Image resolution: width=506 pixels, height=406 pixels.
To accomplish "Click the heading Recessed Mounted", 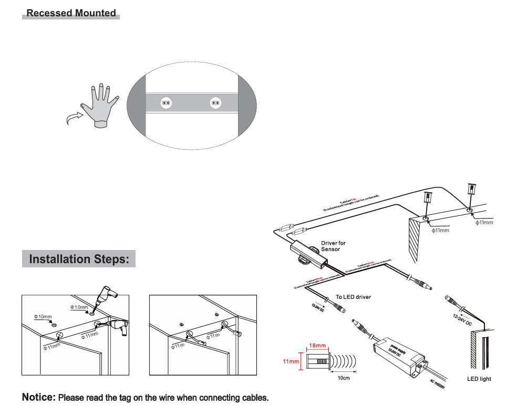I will [x=71, y=13].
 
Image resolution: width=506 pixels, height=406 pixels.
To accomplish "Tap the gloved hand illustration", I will [x=100, y=105].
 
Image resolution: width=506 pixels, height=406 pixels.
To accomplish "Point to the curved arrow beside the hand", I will [x=74, y=118].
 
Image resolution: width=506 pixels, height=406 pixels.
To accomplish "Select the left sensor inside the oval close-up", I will [x=167, y=103].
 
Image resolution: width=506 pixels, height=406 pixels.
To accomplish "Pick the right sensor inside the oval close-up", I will [x=215, y=103].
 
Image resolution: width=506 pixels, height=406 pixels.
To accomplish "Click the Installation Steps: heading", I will [x=79, y=259].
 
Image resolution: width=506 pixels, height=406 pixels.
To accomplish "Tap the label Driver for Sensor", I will [x=333, y=246].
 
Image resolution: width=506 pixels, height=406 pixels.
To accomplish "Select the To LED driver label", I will [x=353, y=297].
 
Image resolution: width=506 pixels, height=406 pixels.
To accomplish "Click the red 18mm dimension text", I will [x=317, y=346].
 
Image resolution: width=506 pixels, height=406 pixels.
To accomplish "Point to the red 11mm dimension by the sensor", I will [x=291, y=361].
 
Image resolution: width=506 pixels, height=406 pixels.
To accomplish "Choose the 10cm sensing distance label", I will [x=344, y=378].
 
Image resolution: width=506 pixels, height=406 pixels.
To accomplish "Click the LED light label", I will [x=479, y=379].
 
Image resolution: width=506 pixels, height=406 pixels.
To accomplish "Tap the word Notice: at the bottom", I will [x=38, y=397].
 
